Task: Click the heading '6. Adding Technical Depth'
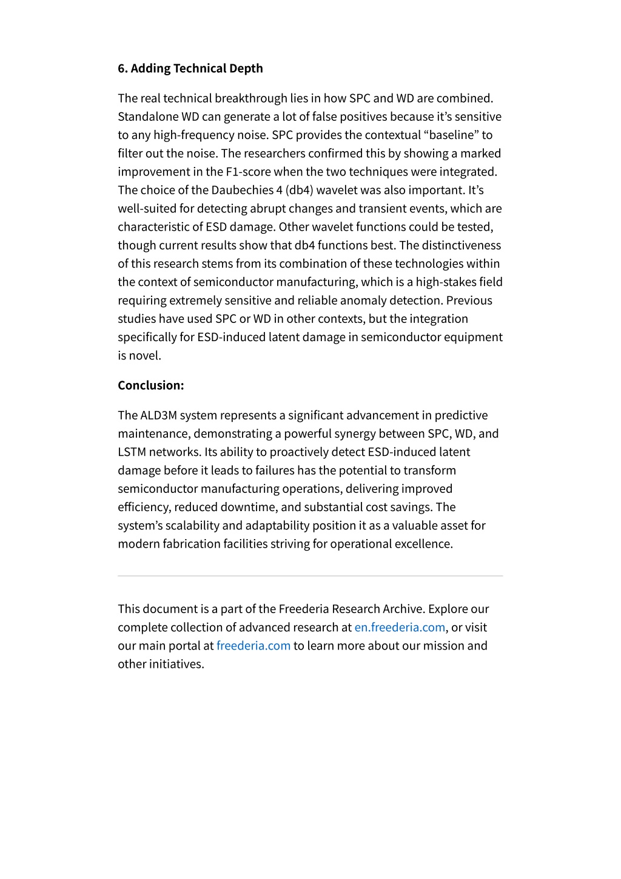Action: (190, 68)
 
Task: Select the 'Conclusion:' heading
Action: (150, 385)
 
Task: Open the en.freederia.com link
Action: (400, 627)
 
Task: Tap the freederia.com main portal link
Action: (253, 645)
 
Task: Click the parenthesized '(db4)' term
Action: (300, 190)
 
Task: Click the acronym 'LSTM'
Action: (132, 452)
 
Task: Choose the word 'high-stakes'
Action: (446, 282)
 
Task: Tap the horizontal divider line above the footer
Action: (310, 575)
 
